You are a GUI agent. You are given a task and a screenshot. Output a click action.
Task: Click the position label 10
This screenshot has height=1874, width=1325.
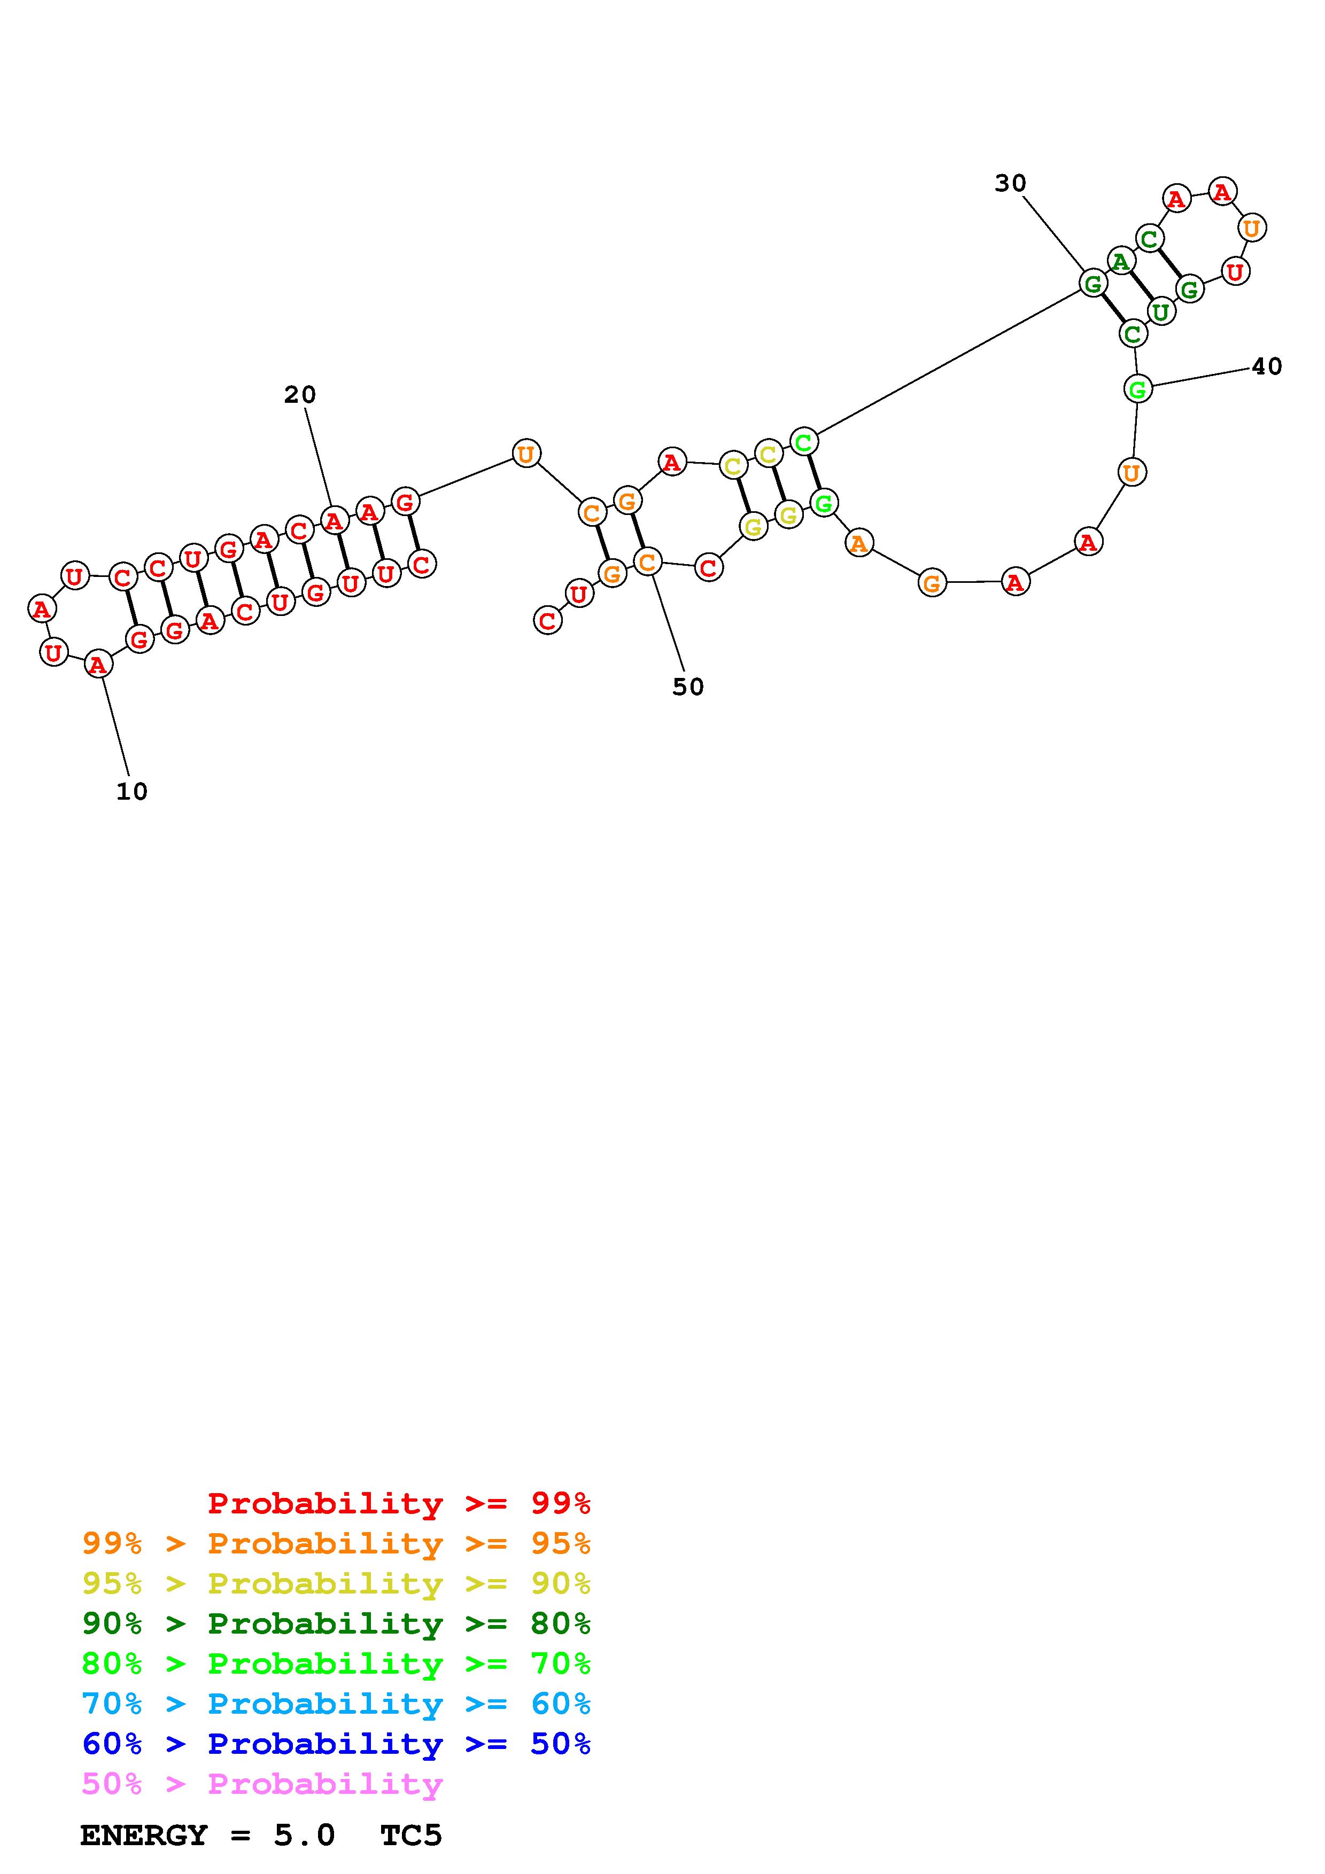click(131, 791)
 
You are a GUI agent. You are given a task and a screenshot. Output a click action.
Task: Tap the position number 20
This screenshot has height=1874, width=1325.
click(300, 395)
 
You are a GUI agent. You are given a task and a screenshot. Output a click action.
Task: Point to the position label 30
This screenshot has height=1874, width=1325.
click(1010, 184)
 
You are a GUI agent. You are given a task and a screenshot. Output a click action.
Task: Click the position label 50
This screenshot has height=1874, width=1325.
click(687, 687)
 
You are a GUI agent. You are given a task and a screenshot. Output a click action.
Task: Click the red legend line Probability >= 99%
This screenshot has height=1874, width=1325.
click(399, 1503)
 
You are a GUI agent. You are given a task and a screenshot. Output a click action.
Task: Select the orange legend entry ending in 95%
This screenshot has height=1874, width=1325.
click(336, 1543)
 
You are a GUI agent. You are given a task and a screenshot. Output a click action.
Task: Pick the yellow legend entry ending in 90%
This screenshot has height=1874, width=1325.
click(336, 1583)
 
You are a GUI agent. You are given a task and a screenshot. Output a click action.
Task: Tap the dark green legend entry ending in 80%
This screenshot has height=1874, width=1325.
click(336, 1623)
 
